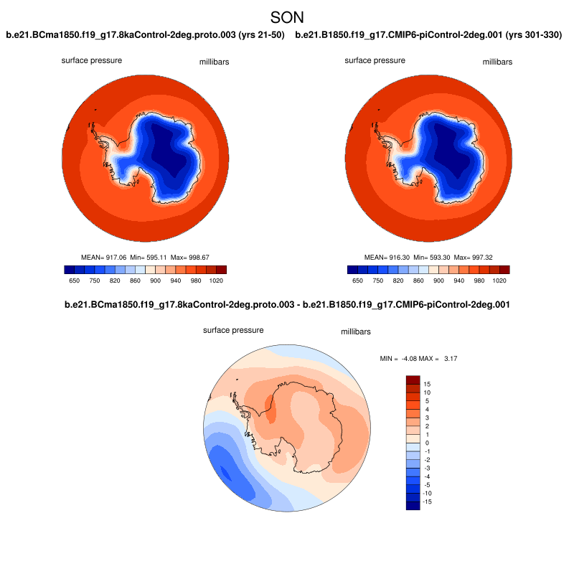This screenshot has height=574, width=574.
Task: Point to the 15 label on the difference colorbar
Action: click(427, 385)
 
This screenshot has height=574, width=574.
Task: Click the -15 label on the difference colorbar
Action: click(428, 502)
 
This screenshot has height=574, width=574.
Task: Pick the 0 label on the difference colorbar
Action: click(427, 443)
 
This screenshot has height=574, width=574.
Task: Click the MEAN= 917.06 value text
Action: click(105, 257)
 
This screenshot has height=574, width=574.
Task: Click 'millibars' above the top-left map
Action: click(214, 62)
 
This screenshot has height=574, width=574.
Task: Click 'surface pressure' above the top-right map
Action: click(375, 60)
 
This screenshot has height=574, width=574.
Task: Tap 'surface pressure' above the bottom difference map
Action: click(233, 330)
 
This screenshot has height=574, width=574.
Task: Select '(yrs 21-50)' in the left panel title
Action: click(261, 34)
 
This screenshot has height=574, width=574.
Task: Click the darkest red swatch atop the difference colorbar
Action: click(413, 380)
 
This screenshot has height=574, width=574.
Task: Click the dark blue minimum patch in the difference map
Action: click(227, 474)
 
